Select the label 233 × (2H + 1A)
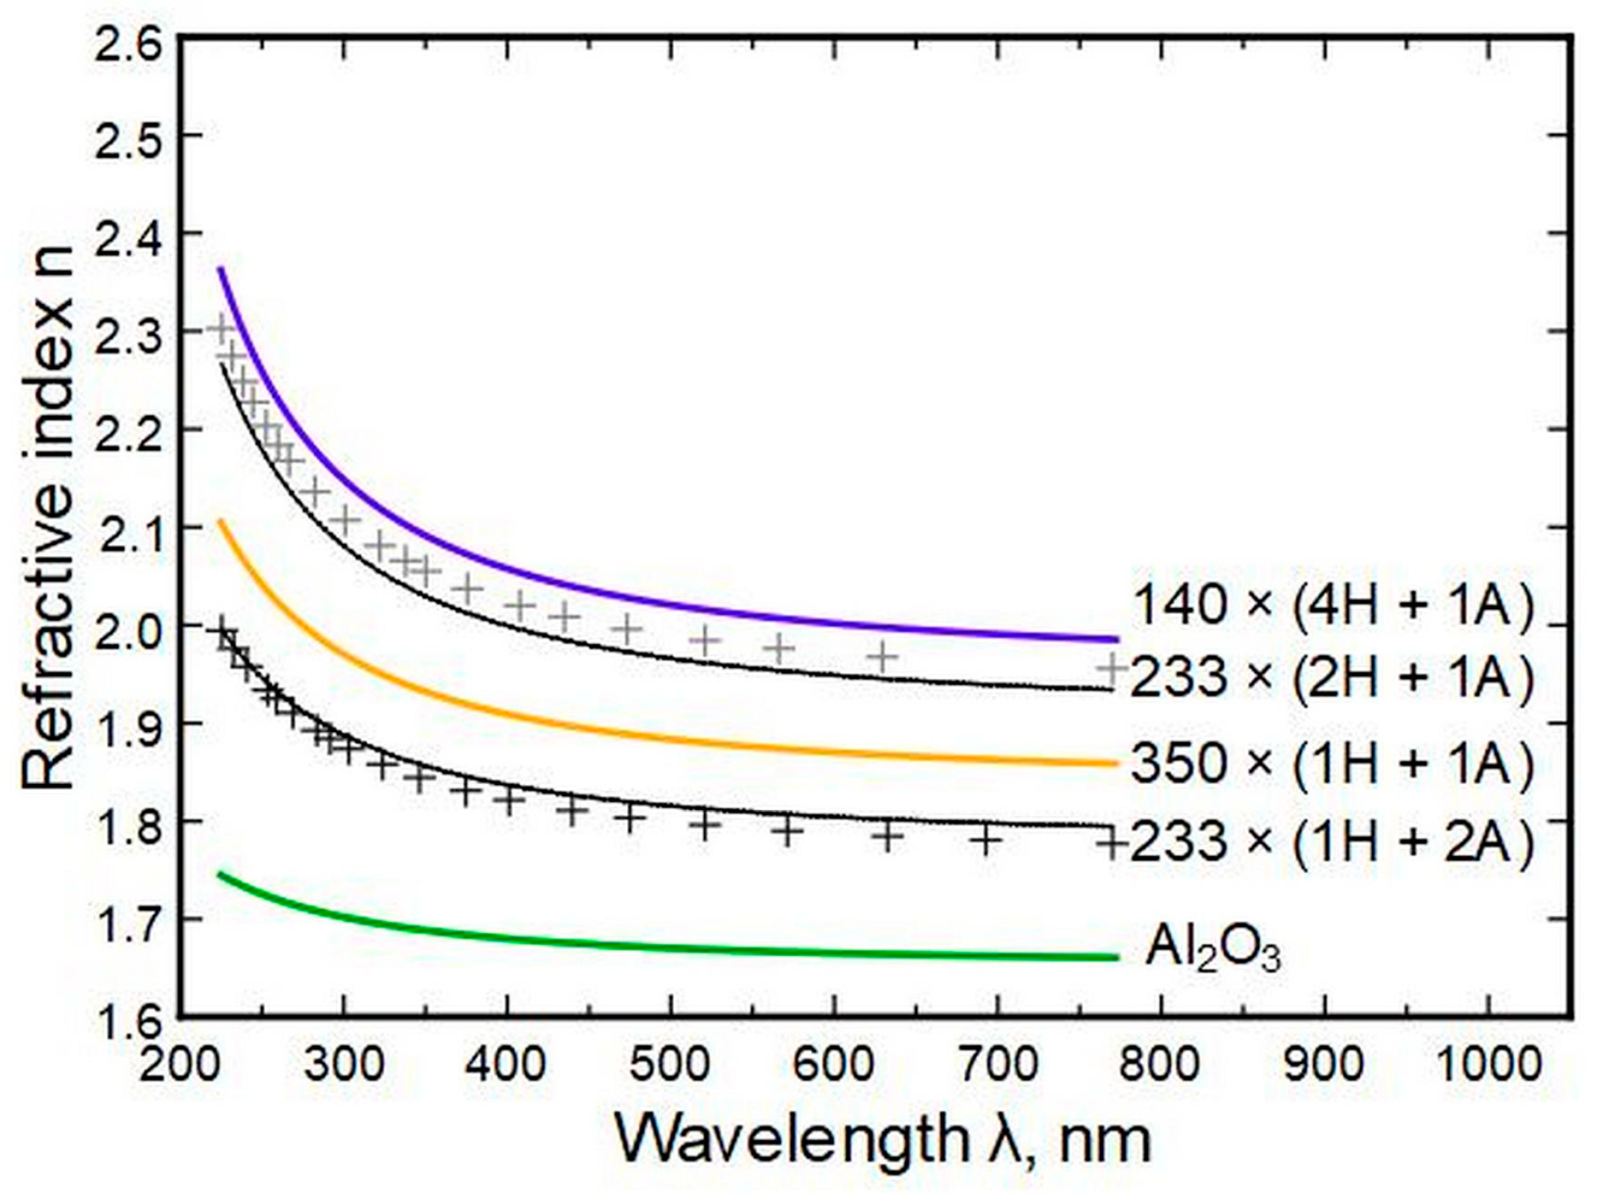[1331, 679]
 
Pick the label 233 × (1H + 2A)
[1331, 841]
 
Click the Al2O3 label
[1212, 948]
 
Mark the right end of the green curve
[1116, 957]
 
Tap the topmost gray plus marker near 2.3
[222, 326]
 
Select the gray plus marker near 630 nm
[881, 657]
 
